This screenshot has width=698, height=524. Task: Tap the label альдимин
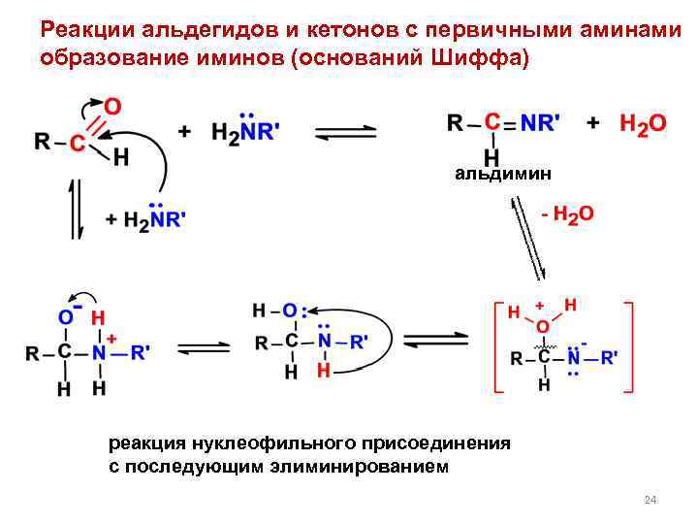pyautogui.click(x=503, y=174)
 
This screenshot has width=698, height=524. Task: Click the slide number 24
pyautogui.click(x=650, y=500)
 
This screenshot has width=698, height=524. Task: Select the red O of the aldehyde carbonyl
pyautogui.click(x=113, y=105)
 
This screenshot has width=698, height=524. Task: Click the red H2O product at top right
pyautogui.click(x=643, y=123)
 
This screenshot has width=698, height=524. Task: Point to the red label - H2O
pyautogui.click(x=567, y=213)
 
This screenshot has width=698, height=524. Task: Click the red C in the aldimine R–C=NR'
pyautogui.click(x=492, y=123)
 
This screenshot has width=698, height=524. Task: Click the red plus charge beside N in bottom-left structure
pyautogui.click(x=112, y=337)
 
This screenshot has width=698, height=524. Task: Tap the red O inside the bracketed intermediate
pyautogui.click(x=542, y=326)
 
